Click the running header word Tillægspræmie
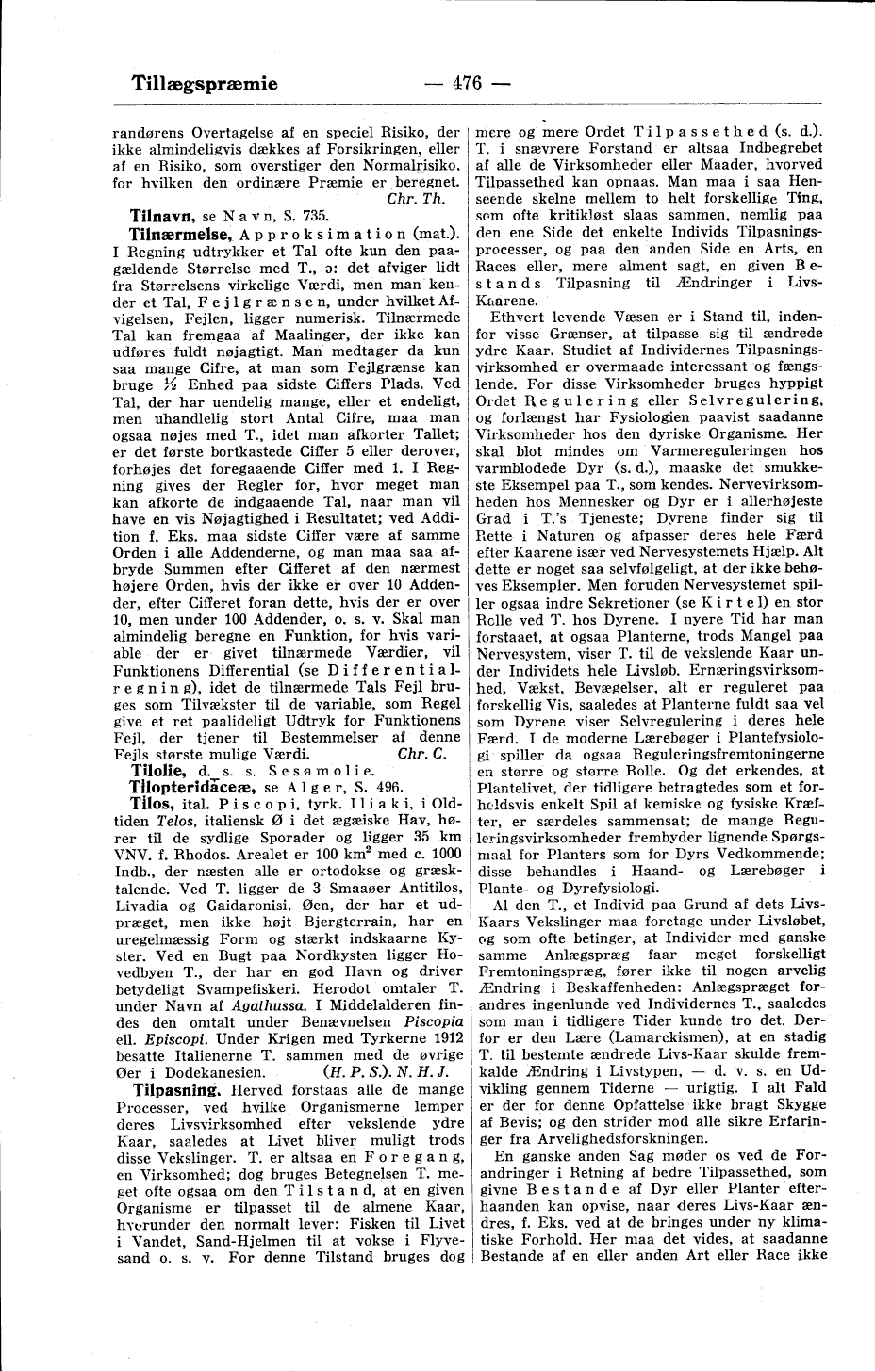click(x=205, y=83)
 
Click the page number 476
click(x=467, y=83)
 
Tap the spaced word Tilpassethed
click(x=685, y=130)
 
